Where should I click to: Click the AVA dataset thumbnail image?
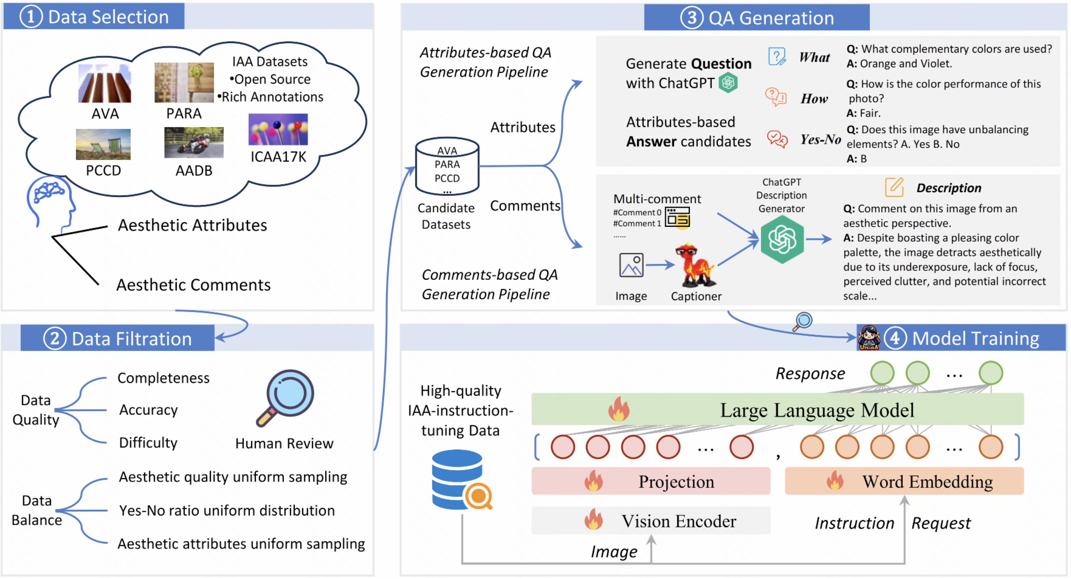tap(105, 83)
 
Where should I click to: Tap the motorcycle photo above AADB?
tap(194, 143)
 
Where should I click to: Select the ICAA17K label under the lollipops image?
tap(278, 157)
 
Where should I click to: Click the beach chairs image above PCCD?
tap(103, 144)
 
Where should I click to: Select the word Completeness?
tap(164, 378)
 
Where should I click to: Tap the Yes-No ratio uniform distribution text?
tap(227, 510)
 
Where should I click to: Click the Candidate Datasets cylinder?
tap(447, 166)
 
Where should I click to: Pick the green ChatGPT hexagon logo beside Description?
tap(782, 240)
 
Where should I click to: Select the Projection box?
tap(651, 481)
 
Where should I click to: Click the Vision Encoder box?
tap(651, 521)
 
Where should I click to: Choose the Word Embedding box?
tap(904, 481)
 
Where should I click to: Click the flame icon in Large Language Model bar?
tap(619, 409)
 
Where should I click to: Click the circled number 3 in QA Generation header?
tap(691, 18)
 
